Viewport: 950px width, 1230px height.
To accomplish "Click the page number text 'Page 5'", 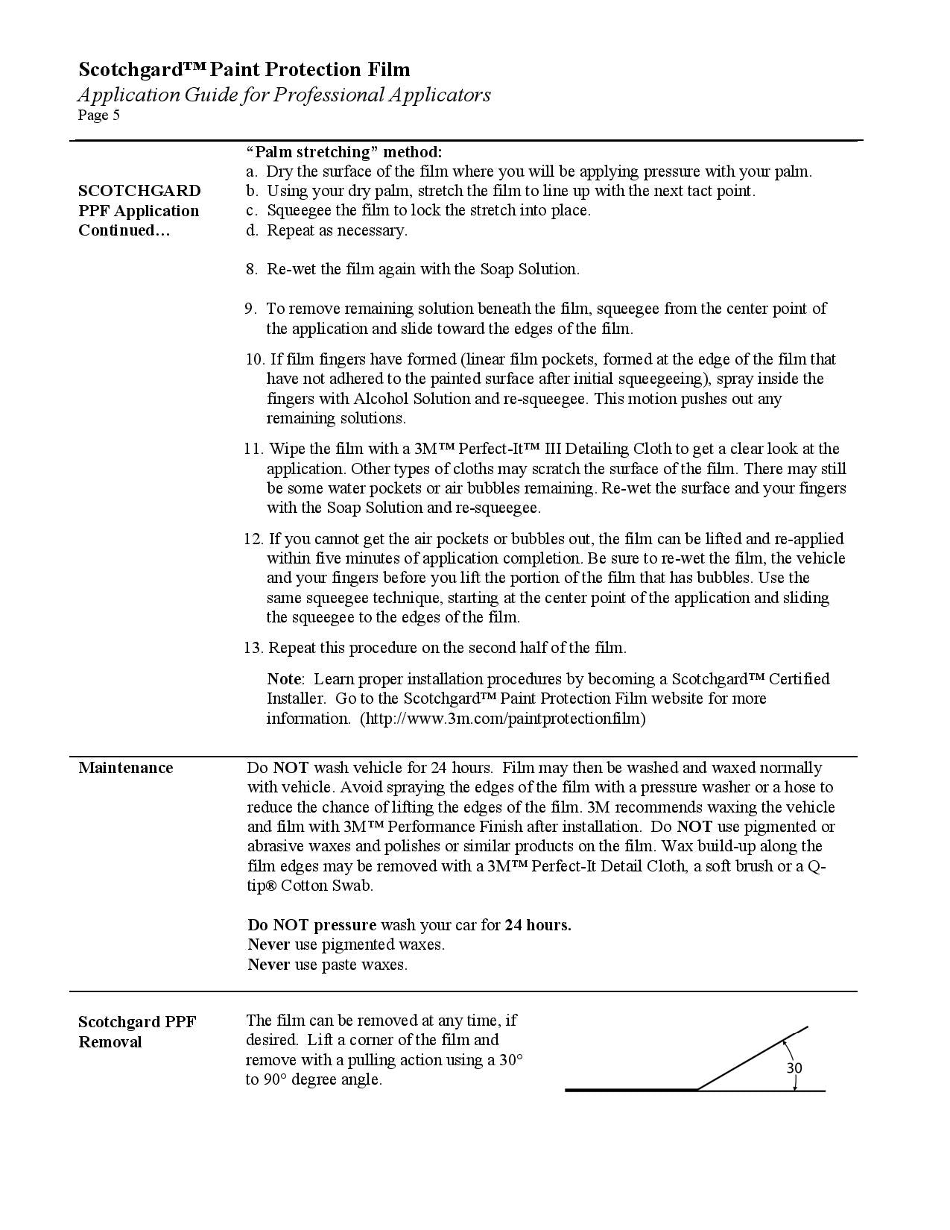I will (99, 116).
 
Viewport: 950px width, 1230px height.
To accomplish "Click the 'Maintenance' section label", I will (125, 768).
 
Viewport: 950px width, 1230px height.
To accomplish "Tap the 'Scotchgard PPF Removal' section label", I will (137, 1032).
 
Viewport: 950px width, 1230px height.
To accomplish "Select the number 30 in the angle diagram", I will (794, 1068).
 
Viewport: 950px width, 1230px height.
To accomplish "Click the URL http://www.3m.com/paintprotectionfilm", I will (503, 719).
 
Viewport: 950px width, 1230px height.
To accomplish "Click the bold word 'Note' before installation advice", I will (284, 679).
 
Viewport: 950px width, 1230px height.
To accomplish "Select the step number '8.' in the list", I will (252, 269).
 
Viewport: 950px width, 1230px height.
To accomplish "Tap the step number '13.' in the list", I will (253, 648).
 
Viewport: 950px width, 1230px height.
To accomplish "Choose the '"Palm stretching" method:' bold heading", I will (344, 152).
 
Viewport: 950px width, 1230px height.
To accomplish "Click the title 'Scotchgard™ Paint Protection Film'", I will (244, 69).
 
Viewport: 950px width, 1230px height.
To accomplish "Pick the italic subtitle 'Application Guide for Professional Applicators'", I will (284, 95).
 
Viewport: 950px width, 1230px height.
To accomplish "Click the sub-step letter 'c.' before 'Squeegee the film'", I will (252, 210).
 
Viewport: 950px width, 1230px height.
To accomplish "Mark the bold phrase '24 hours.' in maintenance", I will (538, 925).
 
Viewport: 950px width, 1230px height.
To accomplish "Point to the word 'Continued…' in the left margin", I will (124, 230).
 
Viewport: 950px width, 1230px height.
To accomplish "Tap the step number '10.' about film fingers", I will (254, 359).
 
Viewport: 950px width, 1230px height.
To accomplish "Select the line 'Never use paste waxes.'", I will (328, 965).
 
